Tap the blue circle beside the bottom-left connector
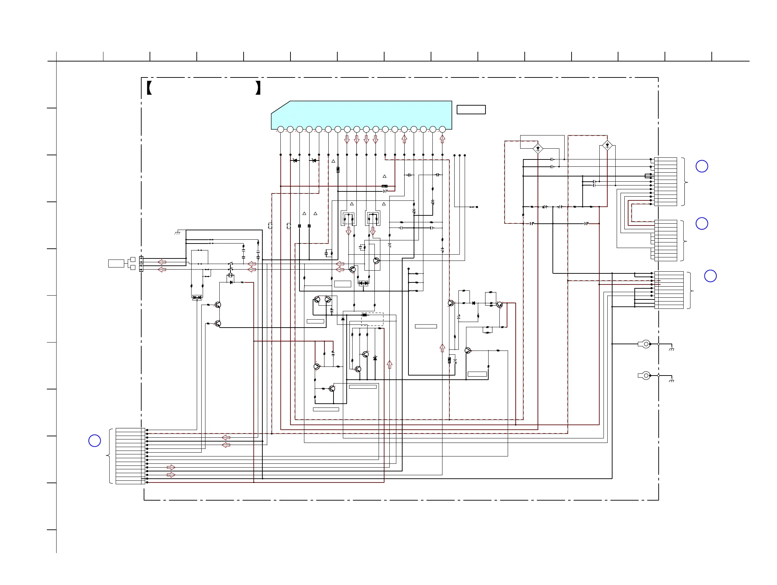(94, 440)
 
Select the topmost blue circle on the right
(702, 166)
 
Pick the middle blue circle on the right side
(702, 224)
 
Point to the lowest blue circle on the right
(710, 276)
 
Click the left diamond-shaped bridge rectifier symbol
(538, 148)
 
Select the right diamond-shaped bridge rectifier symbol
(607, 145)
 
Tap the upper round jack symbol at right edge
(645, 344)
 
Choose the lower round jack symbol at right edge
(645, 376)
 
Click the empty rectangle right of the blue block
(471, 110)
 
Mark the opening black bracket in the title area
(149, 88)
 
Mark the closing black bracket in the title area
(258, 88)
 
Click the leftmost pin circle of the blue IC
(281, 129)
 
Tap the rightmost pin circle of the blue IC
(442, 129)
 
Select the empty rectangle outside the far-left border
(116, 263)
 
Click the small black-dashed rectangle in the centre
(372, 319)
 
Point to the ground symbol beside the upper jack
(671, 349)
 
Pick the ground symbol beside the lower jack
(671, 381)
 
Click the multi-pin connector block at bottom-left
(130, 456)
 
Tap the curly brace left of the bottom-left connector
(109, 456)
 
